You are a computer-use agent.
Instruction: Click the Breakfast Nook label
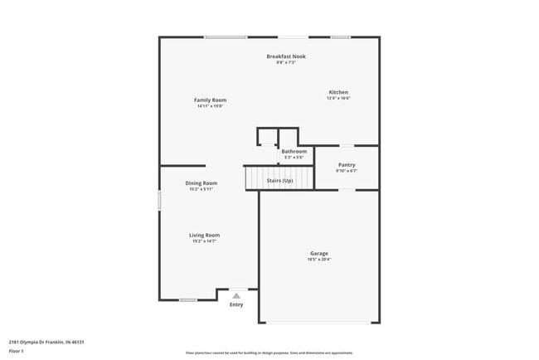(286, 56)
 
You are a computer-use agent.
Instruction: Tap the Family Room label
(210, 100)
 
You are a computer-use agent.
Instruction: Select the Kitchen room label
(338, 92)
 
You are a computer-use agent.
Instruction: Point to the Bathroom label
(294, 152)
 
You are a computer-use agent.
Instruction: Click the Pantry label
(346, 165)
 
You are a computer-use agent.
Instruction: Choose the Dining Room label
(201, 183)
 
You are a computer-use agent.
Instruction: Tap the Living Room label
(205, 236)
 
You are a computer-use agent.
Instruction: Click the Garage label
(319, 254)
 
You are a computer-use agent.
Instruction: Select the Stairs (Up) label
(279, 181)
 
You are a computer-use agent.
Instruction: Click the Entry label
(236, 304)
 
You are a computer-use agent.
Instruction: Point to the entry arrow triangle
(236, 295)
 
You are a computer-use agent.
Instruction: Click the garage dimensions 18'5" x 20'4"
(319, 260)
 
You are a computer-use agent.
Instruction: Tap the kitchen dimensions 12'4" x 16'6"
(338, 99)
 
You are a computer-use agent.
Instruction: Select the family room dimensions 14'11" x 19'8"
(210, 106)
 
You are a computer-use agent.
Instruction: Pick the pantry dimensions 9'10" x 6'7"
(346, 171)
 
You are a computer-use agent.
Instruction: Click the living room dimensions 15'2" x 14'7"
(205, 241)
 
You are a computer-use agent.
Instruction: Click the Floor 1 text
(17, 351)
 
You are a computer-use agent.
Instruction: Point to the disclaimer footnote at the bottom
(269, 353)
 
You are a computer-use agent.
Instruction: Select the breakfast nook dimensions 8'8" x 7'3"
(286, 62)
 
